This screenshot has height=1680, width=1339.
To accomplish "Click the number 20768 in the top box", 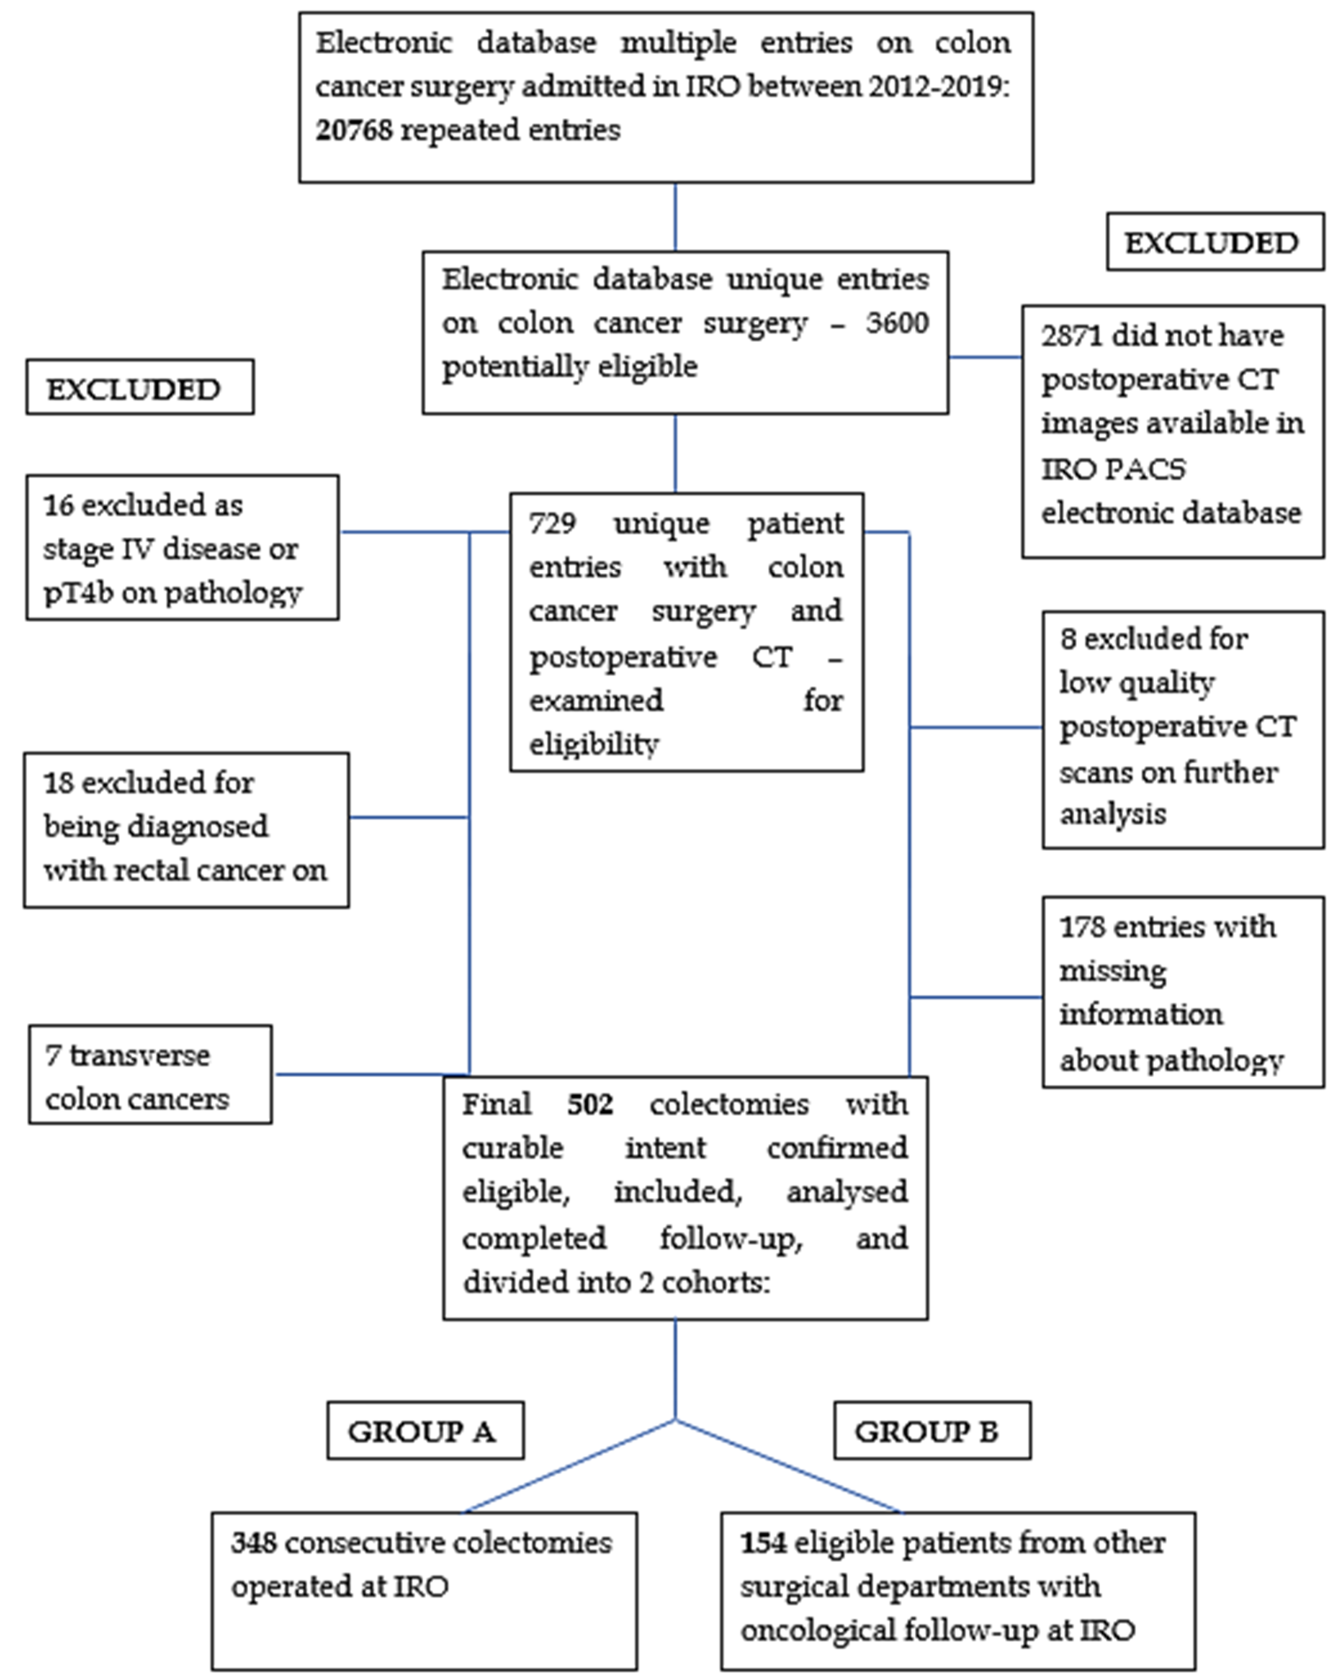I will (354, 130).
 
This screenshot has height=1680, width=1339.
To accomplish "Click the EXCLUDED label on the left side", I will (134, 389).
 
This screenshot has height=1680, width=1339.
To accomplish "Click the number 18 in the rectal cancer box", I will (57, 783).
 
